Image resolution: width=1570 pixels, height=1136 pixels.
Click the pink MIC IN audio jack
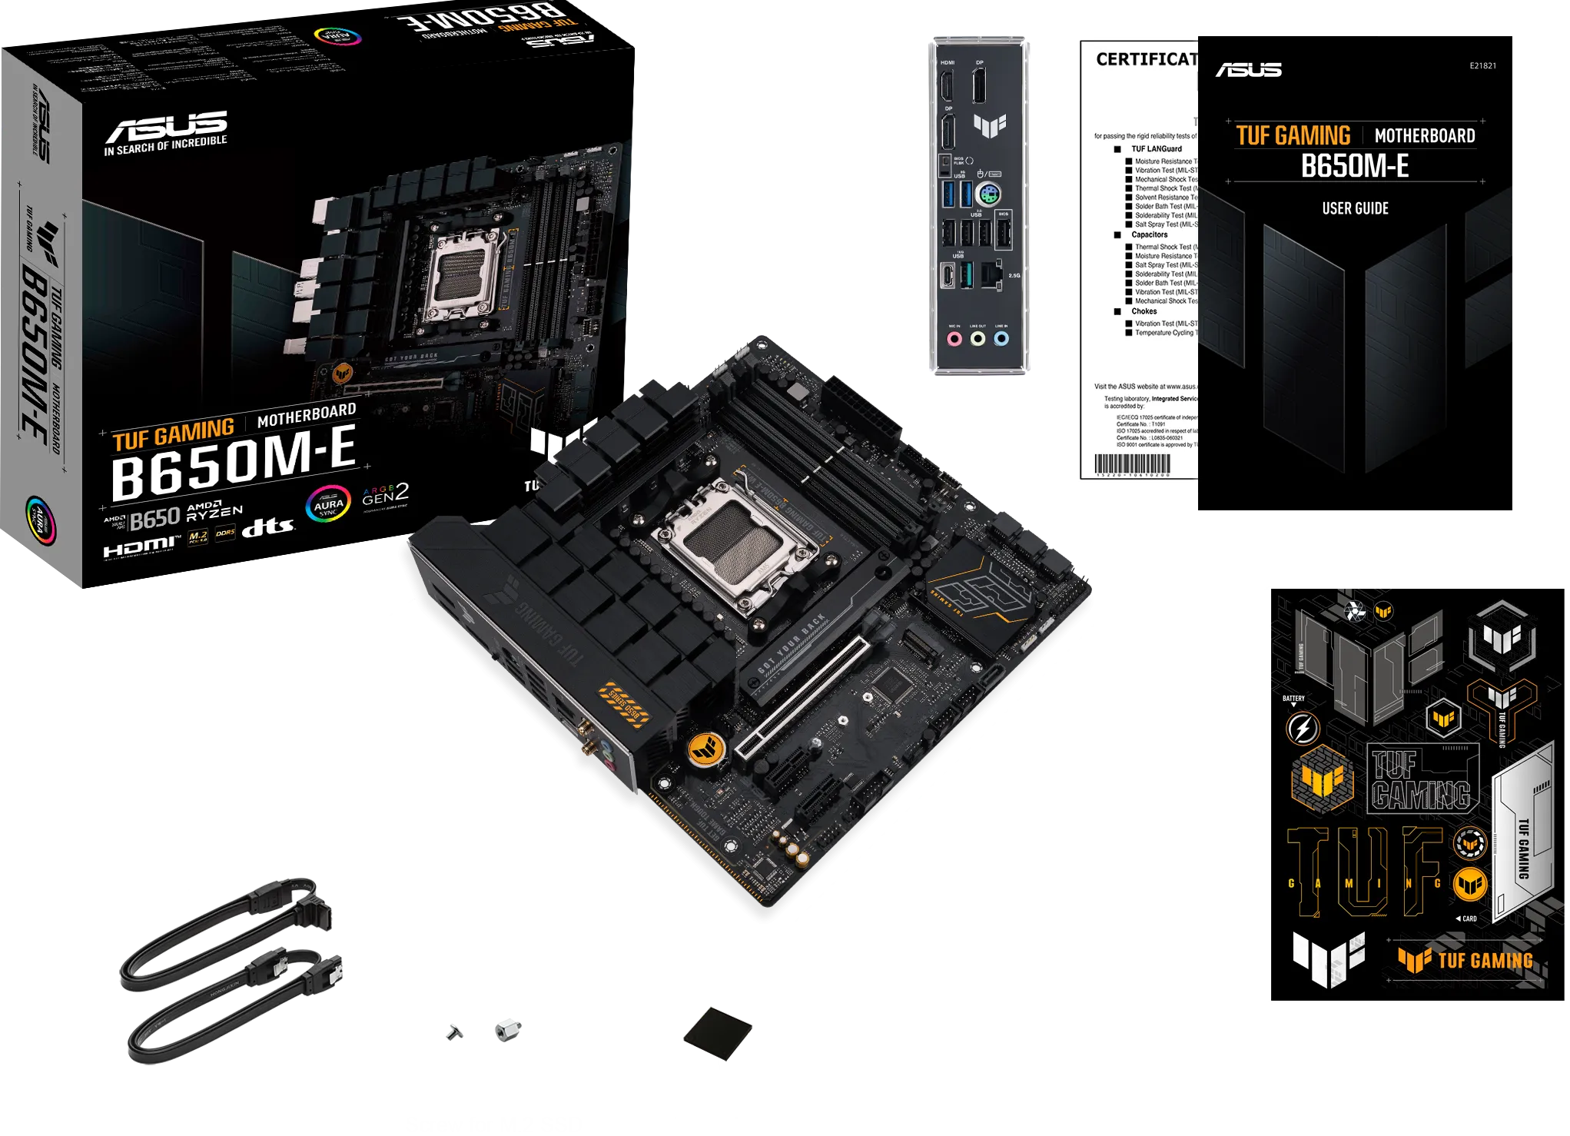954,338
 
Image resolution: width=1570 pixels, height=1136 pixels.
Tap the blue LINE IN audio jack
1001,338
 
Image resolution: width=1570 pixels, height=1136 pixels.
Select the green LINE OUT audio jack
978,338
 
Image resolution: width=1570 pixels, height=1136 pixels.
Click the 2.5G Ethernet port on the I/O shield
993,275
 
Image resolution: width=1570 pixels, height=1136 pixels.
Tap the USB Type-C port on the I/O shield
948,275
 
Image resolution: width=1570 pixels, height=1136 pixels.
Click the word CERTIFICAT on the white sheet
1146,60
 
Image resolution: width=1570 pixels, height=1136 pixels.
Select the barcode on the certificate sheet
1132,464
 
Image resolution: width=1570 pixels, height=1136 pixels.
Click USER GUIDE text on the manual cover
1355,209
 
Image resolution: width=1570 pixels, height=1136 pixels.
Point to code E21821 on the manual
1482,66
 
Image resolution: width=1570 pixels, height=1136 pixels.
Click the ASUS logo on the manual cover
1249,70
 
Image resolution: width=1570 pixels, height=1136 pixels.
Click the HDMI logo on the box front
141,547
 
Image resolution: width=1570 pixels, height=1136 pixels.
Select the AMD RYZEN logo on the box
214,513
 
